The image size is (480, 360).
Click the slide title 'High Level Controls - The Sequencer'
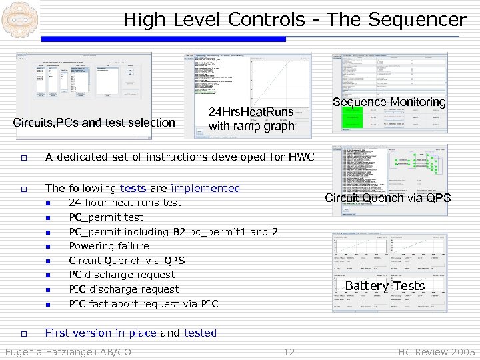click(295, 19)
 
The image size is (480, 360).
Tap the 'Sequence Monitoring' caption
click(389, 102)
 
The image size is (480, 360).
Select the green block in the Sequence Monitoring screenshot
click(351, 119)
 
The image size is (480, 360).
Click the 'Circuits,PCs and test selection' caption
click(94, 123)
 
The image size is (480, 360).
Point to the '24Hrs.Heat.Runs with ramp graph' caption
click(251, 119)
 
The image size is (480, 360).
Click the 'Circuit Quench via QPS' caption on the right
click(387, 198)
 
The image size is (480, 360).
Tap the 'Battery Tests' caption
click(385, 286)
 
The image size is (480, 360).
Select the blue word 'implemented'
click(205, 189)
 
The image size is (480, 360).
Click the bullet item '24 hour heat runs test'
click(125, 203)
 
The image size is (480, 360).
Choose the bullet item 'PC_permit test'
click(106, 217)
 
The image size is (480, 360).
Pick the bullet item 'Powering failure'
click(109, 246)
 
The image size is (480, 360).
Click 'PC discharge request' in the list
click(121, 275)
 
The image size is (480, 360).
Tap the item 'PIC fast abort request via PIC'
click(143, 304)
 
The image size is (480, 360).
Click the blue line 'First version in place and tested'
click(131, 333)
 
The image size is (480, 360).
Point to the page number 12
click(289, 352)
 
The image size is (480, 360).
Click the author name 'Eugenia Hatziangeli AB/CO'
click(68, 352)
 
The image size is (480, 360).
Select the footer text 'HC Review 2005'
click(437, 352)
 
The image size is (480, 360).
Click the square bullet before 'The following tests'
click(23, 189)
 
